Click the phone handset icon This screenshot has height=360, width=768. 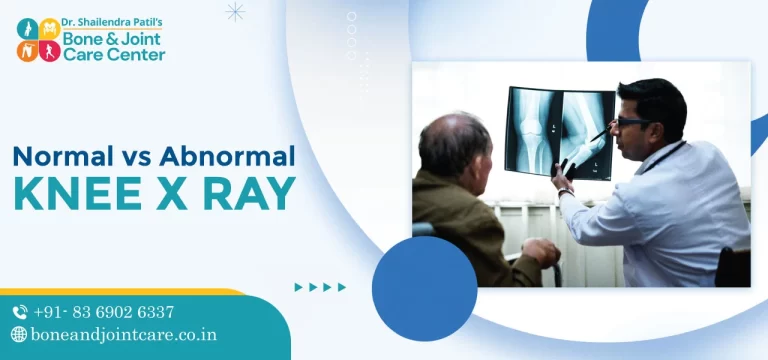(x=20, y=312)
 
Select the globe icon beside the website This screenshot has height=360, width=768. (x=19, y=335)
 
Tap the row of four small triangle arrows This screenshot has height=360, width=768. (x=320, y=287)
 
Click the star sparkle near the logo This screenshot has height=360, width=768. (x=235, y=12)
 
